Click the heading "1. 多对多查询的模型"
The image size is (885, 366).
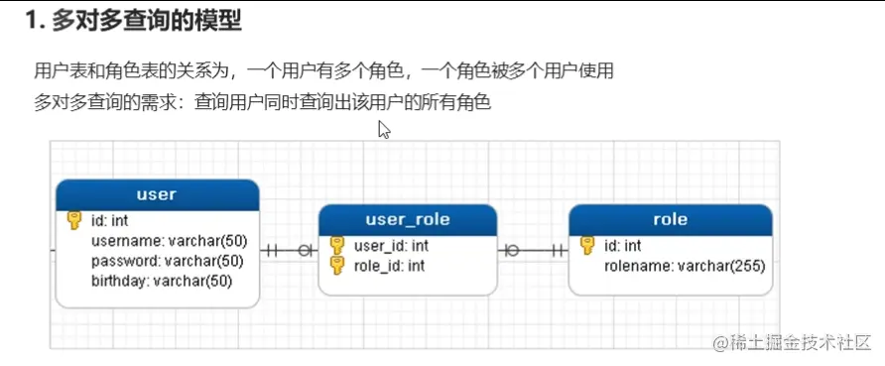pos(133,19)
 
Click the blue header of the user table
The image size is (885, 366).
pos(157,194)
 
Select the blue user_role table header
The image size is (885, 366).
pos(407,219)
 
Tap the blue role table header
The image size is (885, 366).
pos(670,219)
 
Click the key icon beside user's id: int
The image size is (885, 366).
pos(74,221)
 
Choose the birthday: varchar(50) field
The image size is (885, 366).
pos(161,281)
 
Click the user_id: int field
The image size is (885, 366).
pos(391,245)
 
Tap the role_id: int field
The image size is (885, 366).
pos(389,265)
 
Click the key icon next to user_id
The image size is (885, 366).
pos(336,245)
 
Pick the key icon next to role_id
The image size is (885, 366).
pos(336,265)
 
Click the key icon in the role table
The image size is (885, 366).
pos(587,245)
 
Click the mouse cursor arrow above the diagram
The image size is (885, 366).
pos(384,130)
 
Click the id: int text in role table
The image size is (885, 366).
pos(623,245)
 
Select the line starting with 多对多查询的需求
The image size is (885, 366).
pos(263,102)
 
